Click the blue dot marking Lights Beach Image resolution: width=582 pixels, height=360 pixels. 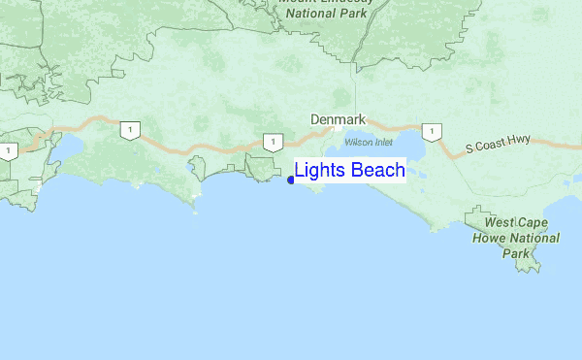(291, 180)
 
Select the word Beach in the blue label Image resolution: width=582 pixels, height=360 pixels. (378, 172)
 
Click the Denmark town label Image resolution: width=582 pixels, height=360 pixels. (338, 119)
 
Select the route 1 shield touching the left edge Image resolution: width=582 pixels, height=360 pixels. (8, 151)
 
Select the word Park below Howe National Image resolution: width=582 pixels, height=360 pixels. (516, 253)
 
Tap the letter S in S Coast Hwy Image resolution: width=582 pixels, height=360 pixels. (469, 149)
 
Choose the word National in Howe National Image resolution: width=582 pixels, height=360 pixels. (529, 238)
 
